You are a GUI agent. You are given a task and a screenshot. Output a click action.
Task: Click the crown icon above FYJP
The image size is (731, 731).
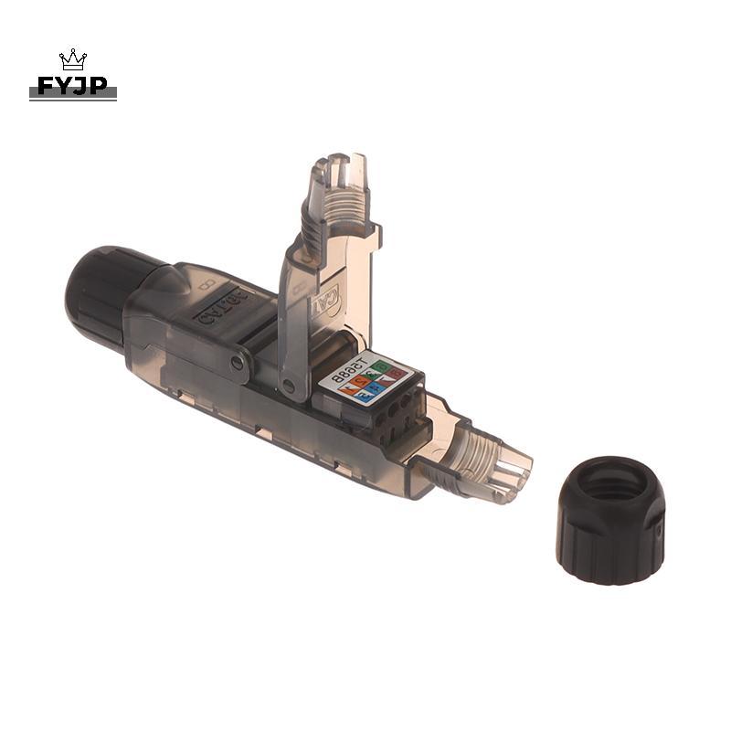(x=73, y=60)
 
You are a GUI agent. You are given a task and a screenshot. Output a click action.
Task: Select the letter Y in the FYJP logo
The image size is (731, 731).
(x=64, y=87)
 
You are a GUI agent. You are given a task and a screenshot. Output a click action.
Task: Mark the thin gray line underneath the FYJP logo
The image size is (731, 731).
(x=73, y=99)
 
